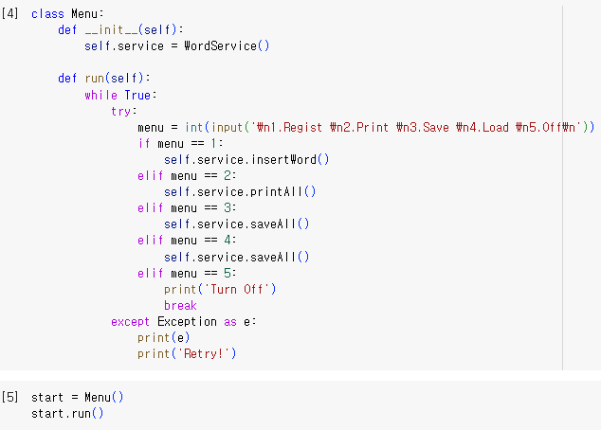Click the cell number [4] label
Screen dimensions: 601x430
(11, 14)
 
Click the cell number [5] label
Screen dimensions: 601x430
(11, 398)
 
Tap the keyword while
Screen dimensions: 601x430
(100, 95)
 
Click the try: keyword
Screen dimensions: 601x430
(124, 111)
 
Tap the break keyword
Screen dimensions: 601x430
(180, 305)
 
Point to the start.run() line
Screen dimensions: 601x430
(66, 414)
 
